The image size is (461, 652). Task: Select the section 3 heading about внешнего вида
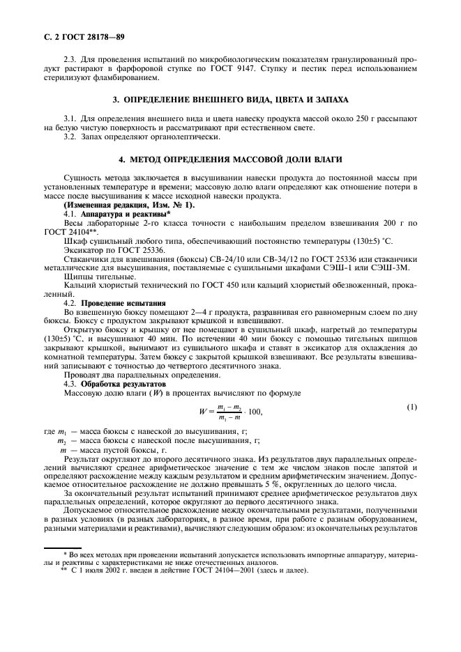tap(230, 100)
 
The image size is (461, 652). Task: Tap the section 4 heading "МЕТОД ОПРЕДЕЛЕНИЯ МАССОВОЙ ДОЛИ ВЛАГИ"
tap(230, 160)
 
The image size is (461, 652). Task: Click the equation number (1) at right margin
tap(412, 407)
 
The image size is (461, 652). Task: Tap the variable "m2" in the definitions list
tap(61, 442)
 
